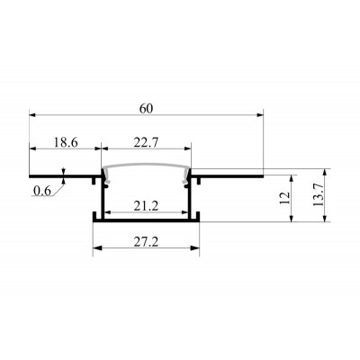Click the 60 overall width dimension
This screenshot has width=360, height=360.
[x=146, y=109]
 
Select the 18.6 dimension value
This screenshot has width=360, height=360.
[x=66, y=142]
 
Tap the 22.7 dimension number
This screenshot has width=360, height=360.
[x=146, y=142]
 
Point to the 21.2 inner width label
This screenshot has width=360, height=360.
[x=146, y=206]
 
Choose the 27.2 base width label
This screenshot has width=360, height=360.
[x=146, y=242]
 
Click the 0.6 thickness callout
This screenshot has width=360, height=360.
[x=42, y=191]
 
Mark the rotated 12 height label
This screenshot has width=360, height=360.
[x=285, y=198]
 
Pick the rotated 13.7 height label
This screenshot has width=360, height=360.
[x=319, y=194]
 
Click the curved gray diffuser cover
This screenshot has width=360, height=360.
[x=147, y=166]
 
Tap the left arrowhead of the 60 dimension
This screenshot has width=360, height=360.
[x=32, y=114]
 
